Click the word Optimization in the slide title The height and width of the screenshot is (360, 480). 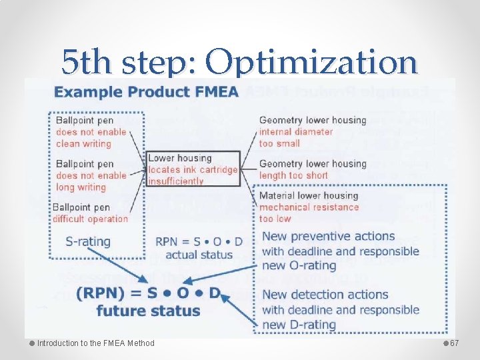(x=311, y=63)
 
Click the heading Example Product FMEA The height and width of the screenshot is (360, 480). (x=146, y=91)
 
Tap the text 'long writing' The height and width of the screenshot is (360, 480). (x=81, y=187)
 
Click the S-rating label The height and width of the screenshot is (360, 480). (x=88, y=241)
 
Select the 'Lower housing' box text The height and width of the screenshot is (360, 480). (x=179, y=158)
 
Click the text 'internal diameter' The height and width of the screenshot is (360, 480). (x=295, y=131)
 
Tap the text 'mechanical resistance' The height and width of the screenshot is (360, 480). (x=309, y=207)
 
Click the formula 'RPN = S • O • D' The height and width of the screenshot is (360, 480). (x=199, y=242)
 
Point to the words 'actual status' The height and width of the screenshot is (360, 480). (x=199, y=255)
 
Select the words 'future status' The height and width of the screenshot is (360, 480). (x=148, y=310)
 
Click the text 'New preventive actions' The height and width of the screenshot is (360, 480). (x=328, y=237)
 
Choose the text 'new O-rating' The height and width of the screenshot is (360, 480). (x=299, y=266)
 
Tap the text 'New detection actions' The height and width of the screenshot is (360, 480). (x=325, y=295)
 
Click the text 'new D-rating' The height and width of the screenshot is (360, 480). (x=299, y=324)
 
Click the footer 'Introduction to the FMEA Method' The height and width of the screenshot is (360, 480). (x=95, y=343)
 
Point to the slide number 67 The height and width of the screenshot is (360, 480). (x=455, y=343)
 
